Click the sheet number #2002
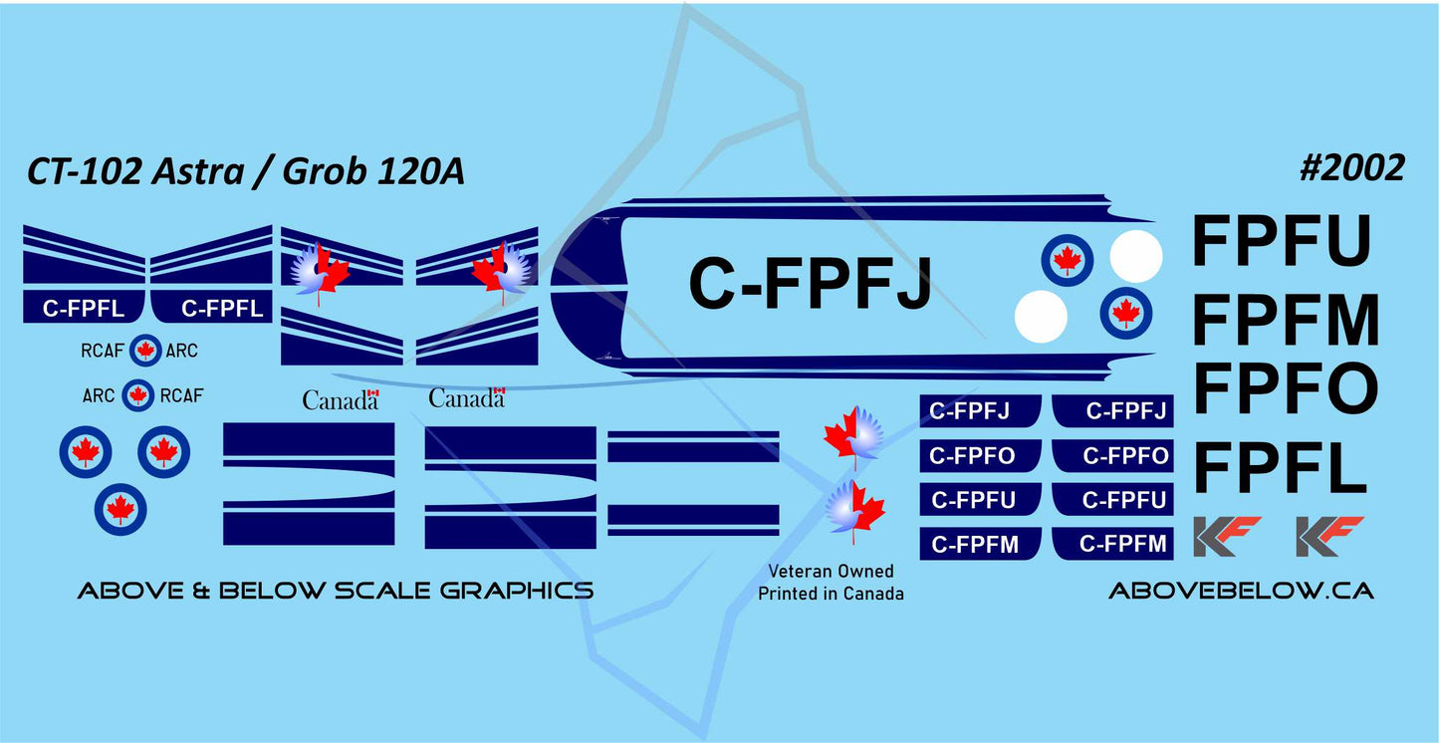coord(1352,168)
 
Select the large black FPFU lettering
coord(1282,242)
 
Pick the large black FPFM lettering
coord(1286,319)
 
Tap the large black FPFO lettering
coord(1285,388)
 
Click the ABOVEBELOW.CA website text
coord(1241,591)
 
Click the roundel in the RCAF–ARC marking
coord(146,351)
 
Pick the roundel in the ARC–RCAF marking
coord(138,395)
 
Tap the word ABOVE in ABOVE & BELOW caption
coord(119,591)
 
